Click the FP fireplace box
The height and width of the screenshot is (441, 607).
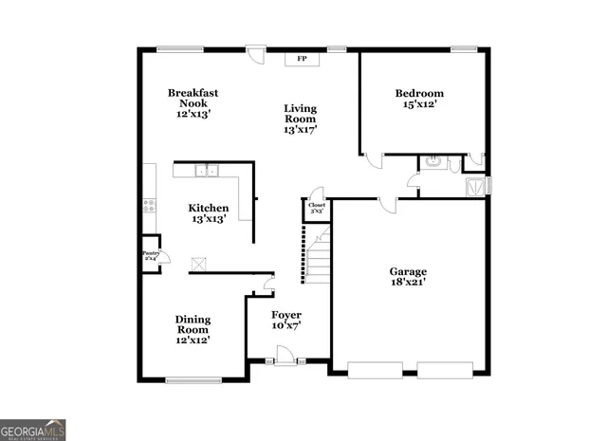pyautogui.click(x=303, y=59)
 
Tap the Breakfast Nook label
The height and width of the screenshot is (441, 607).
pyautogui.click(x=193, y=93)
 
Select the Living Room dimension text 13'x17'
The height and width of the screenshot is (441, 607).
pyautogui.click(x=301, y=130)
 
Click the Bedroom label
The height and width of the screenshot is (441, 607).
pyautogui.click(x=419, y=93)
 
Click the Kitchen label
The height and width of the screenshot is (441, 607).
pyautogui.click(x=208, y=209)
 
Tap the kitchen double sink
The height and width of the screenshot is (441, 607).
pyautogui.click(x=206, y=171)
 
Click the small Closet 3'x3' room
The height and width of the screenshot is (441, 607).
pyautogui.click(x=316, y=208)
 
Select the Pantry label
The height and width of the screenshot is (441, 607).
pyautogui.click(x=151, y=253)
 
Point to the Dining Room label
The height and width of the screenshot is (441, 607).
pyautogui.click(x=193, y=325)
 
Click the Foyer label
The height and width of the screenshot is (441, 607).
pyautogui.click(x=286, y=315)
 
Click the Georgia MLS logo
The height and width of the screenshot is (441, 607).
pyautogui.click(x=33, y=430)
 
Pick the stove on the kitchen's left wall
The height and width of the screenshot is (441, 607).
pyautogui.click(x=148, y=202)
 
